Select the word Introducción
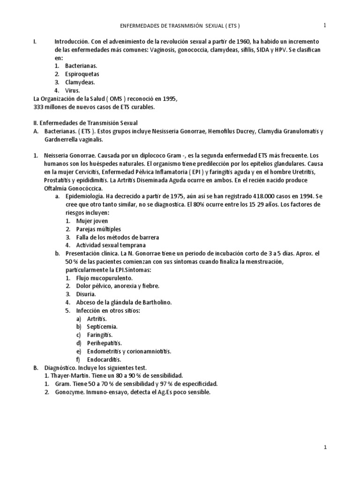tap(71, 41)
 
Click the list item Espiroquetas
tap(82, 74)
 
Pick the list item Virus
tap(73, 90)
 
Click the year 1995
tap(168, 99)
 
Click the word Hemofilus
tap(221, 132)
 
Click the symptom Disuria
tap(86, 294)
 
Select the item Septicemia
tap(102, 327)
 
